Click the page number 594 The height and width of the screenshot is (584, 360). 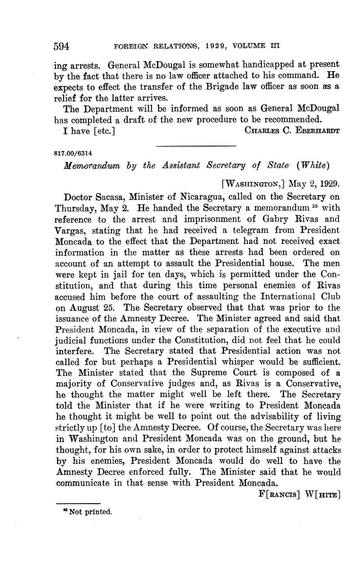(x=62, y=46)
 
